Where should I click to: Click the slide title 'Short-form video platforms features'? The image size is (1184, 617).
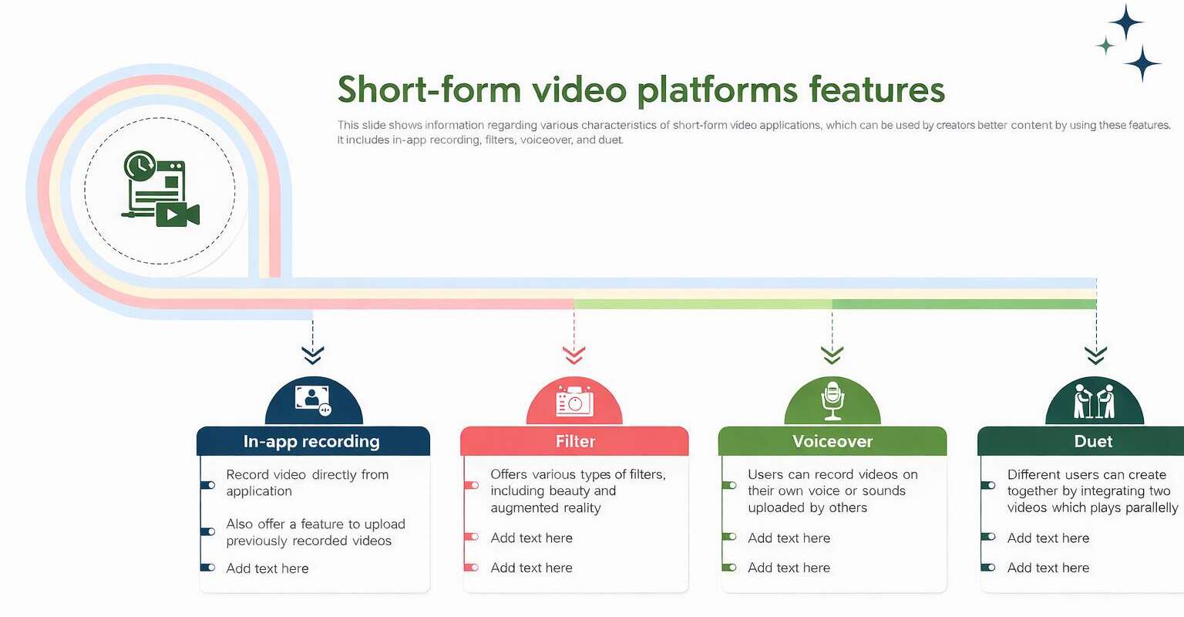click(x=641, y=89)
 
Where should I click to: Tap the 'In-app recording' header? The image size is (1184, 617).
click(x=311, y=441)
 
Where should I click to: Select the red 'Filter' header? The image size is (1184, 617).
click(x=575, y=441)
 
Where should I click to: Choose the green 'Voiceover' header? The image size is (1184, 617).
click(x=832, y=441)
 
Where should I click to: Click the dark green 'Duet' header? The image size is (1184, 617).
click(x=1093, y=441)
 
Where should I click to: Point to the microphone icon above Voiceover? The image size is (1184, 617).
click(x=832, y=400)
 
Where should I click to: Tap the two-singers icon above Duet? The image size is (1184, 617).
click(x=1094, y=400)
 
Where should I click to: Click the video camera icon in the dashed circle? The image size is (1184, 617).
click(x=177, y=214)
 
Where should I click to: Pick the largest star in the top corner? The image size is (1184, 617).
click(x=1126, y=22)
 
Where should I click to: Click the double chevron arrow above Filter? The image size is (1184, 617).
click(x=574, y=355)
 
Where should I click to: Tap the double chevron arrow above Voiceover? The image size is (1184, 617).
click(x=832, y=355)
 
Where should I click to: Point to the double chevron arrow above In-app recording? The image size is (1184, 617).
click(x=312, y=355)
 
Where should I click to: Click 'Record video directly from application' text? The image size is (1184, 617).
click(x=307, y=483)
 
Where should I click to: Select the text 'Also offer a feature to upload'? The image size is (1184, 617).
click(x=315, y=524)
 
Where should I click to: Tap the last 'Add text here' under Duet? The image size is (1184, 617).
click(x=1048, y=568)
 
